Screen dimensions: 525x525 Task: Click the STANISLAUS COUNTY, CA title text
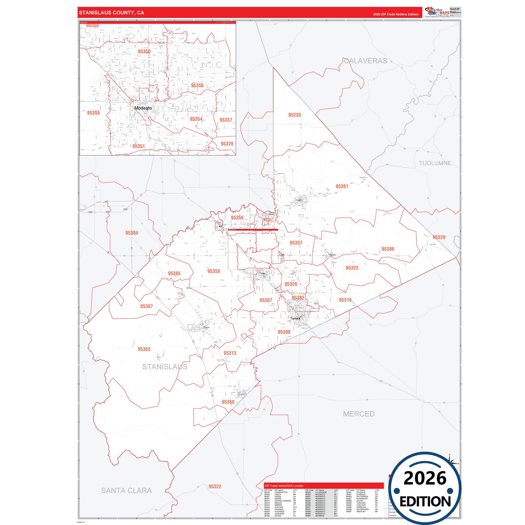pos(112,13)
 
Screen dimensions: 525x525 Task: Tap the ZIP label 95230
pos(294,115)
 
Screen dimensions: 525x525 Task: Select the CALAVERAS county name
pos(366,61)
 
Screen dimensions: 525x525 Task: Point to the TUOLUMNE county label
pos(435,163)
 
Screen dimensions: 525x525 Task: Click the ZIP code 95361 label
pos(342,186)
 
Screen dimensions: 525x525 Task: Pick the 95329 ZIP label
pos(439,237)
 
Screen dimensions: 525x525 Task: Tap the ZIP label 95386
pos(388,249)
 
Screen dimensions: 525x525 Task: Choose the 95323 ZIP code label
pos(352,268)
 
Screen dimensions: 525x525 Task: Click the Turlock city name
pos(295,319)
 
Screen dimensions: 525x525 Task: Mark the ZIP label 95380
pos(284,332)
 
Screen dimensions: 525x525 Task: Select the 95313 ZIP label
pos(230,353)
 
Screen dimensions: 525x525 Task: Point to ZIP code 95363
pos(144,349)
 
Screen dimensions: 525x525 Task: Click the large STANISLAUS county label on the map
pos(165,367)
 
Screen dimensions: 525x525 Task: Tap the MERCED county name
pos(359,414)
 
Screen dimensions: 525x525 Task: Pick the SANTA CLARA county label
pos(126,490)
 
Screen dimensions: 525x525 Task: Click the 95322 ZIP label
pos(215,486)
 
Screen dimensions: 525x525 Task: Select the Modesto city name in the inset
pos(143,108)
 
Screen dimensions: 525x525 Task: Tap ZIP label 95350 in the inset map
pos(144,52)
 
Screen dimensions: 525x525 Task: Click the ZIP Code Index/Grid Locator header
pos(284,486)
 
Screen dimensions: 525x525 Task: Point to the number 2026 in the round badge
pos(425,478)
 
